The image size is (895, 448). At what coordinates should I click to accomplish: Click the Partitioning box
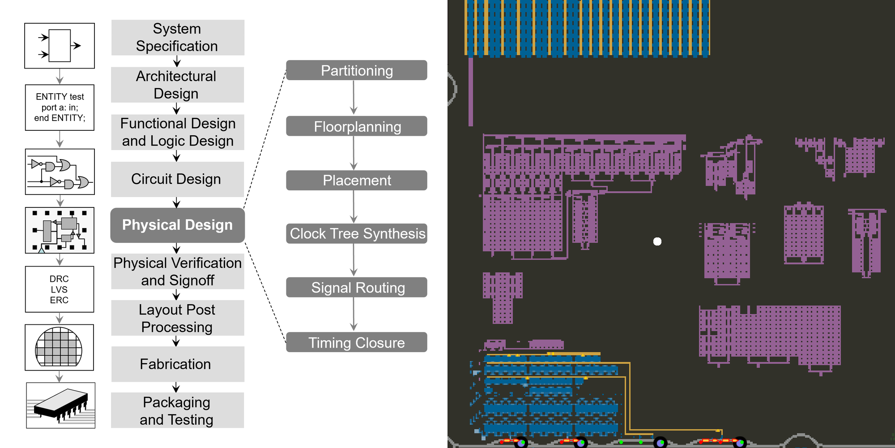coord(357,70)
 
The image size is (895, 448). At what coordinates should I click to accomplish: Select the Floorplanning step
coord(357,126)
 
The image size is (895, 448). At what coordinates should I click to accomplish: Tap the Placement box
coord(357,180)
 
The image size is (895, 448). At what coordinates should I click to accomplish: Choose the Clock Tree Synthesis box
coord(357,233)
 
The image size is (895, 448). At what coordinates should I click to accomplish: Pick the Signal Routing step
coord(357,287)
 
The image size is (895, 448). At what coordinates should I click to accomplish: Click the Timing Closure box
coord(357,342)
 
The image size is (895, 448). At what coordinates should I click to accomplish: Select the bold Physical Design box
coord(177,225)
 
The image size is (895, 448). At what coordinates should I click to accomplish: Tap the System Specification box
coord(177,38)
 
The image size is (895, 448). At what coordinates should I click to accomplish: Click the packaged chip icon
coord(61,405)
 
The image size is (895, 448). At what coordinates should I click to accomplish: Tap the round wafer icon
coord(59,347)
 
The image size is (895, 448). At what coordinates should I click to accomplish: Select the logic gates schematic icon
coord(60,172)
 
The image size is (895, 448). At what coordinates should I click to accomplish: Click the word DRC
coord(59,279)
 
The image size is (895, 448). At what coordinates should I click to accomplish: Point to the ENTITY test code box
coord(60,108)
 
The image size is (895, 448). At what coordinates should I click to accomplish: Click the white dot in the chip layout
coord(657,241)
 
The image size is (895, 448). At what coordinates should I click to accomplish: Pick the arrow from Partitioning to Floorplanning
coord(354,98)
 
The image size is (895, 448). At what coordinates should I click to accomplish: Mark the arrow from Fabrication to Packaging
coord(176,387)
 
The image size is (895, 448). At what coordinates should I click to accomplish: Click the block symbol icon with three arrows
coord(60,46)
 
